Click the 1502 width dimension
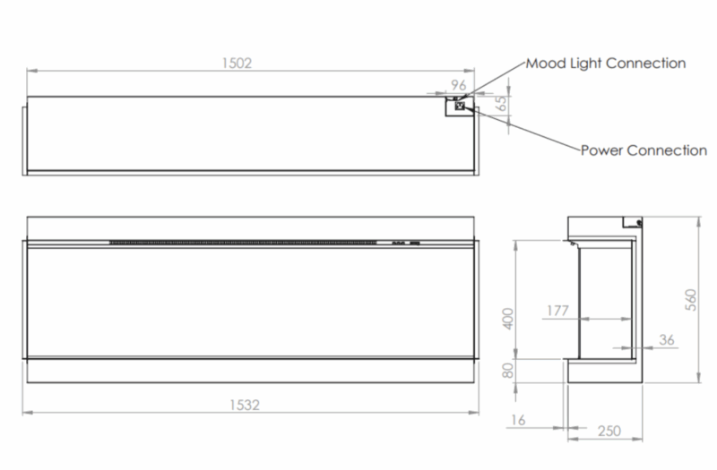pos(237,63)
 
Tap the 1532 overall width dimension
pos(244,406)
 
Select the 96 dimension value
pos(458,85)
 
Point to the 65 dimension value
pos(501,103)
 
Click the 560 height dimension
pos(691,300)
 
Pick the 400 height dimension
pos(508,319)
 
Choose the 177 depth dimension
pos(557,311)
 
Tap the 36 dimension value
pos(667,340)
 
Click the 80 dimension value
pos(507,371)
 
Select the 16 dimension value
pos(518,420)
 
